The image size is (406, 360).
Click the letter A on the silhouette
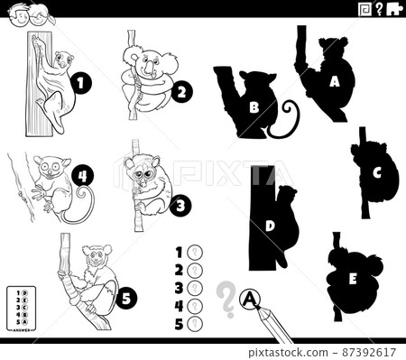tap(335, 81)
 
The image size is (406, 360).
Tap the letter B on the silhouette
tap(254, 106)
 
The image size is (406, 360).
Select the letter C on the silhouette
tap(378, 173)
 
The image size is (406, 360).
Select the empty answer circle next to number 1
tap(193, 253)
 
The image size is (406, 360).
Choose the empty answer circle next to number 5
tap(193, 323)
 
